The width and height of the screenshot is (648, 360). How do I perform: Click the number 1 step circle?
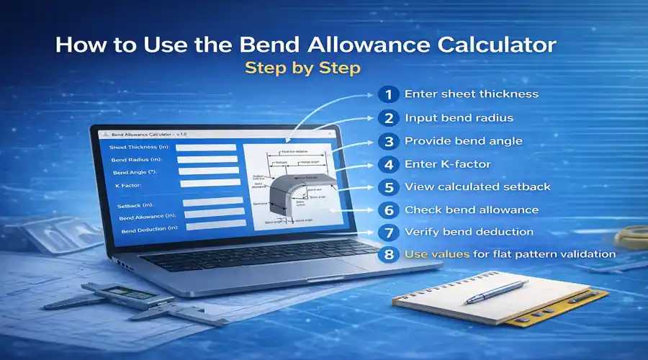(x=388, y=94)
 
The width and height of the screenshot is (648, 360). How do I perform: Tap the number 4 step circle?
(x=389, y=164)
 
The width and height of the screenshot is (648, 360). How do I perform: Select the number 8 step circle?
(x=390, y=254)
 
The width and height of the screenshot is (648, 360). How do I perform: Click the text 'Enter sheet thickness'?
(x=471, y=94)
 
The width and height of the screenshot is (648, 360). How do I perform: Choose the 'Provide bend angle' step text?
(x=463, y=141)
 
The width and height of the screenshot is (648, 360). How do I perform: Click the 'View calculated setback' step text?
(x=477, y=186)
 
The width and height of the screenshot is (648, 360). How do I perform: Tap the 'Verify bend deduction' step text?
(x=469, y=232)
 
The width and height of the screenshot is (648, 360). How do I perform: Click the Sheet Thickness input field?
(x=206, y=148)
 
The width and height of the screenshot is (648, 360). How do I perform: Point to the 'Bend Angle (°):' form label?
(x=134, y=173)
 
